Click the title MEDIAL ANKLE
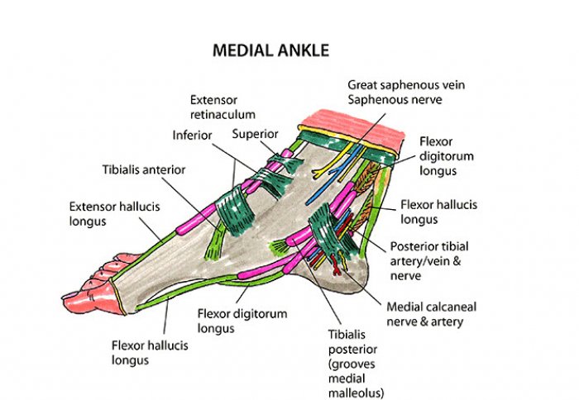click(270, 50)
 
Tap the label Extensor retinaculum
click(222, 107)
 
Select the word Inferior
click(193, 136)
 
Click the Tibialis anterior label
click(143, 169)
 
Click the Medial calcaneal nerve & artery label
click(432, 313)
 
